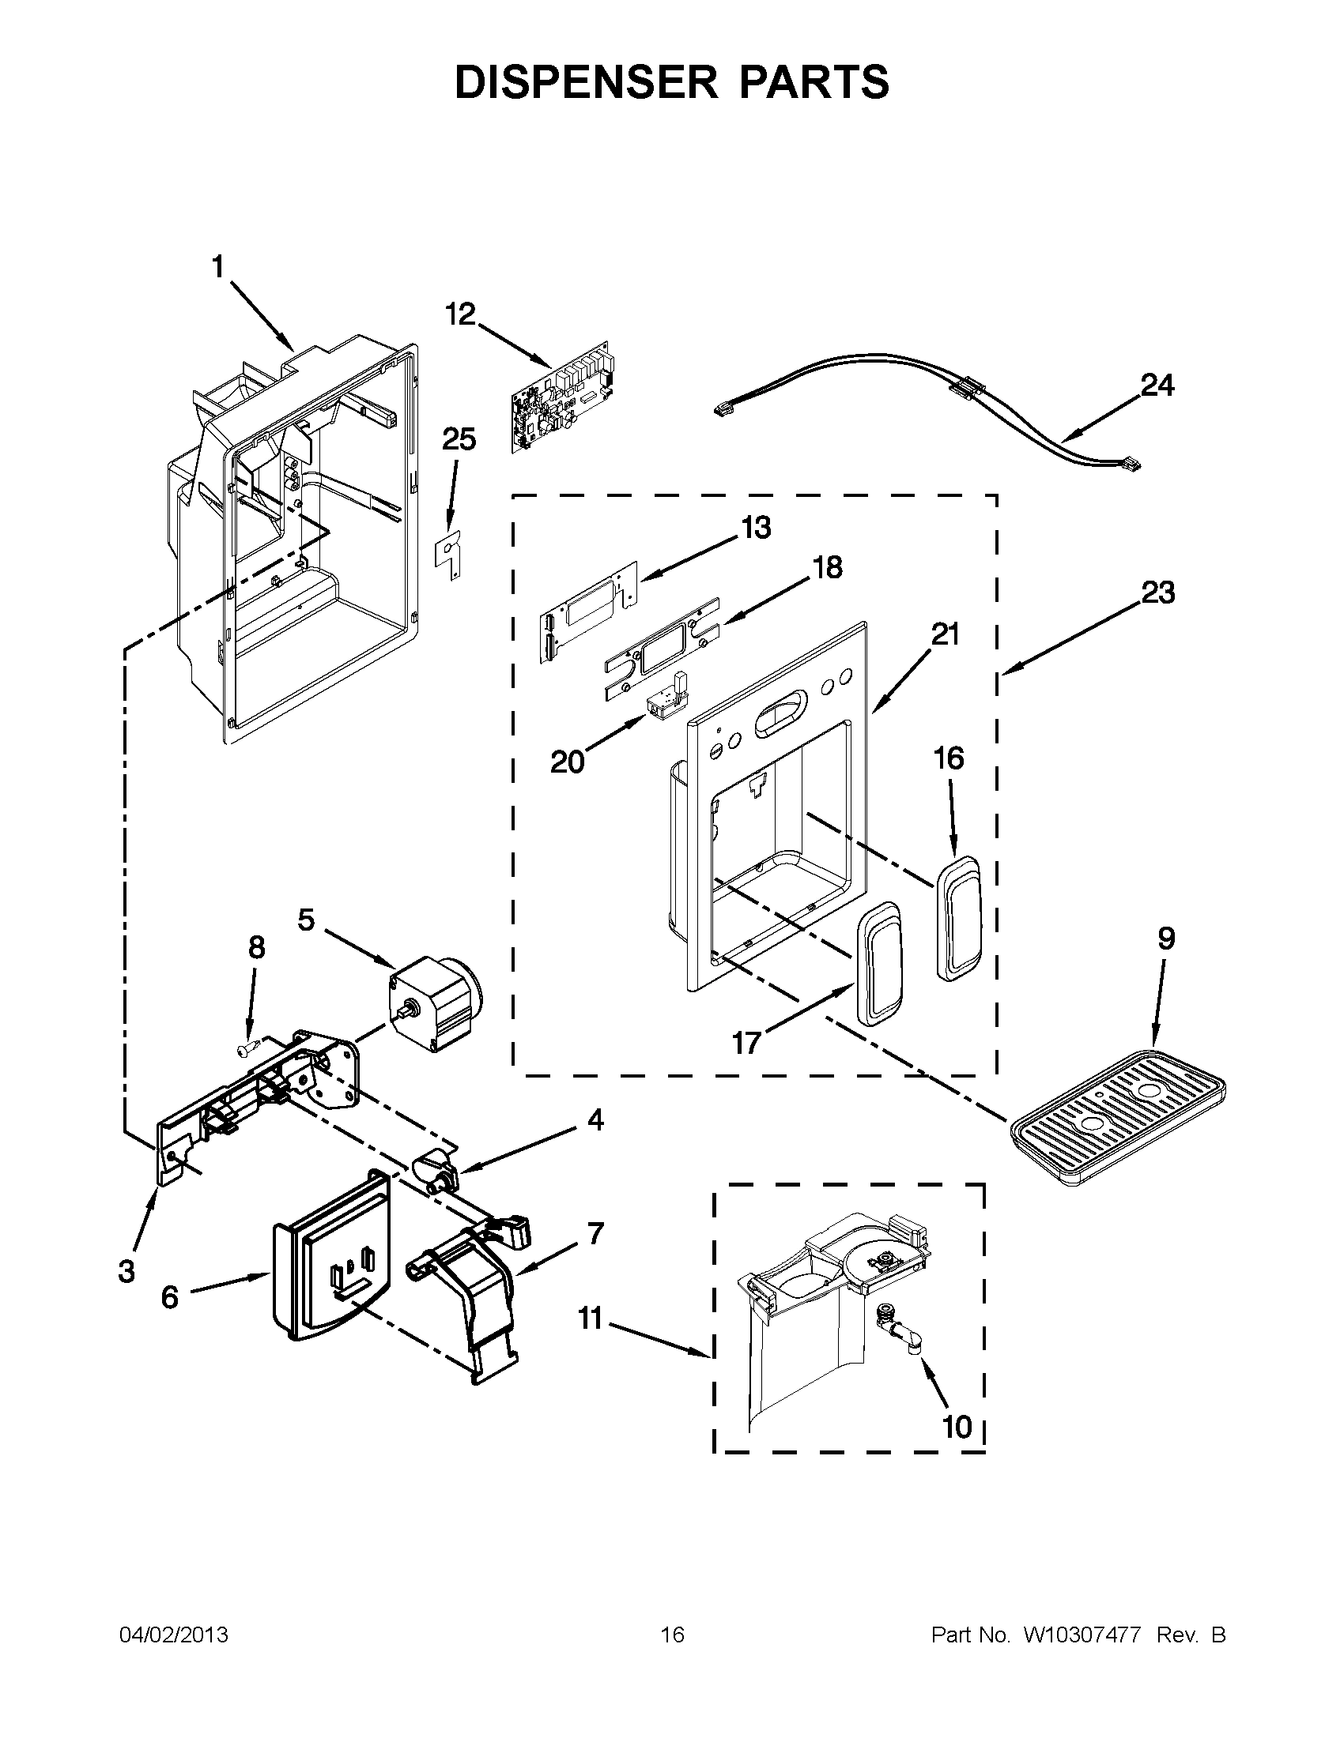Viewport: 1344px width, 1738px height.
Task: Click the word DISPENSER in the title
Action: pyautogui.click(x=587, y=82)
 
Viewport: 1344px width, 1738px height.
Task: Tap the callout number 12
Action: pyautogui.click(x=459, y=314)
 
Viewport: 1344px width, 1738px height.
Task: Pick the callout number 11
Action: pyautogui.click(x=590, y=1319)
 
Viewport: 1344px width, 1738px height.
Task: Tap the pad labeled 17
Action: pyautogui.click(x=879, y=964)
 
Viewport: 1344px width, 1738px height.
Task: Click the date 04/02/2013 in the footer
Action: pyautogui.click(x=174, y=1635)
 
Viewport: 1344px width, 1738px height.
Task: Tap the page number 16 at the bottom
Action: pyautogui.click(x=672, y=1635)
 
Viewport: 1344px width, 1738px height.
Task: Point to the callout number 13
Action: pyautogui.click(x=756, y=527)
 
